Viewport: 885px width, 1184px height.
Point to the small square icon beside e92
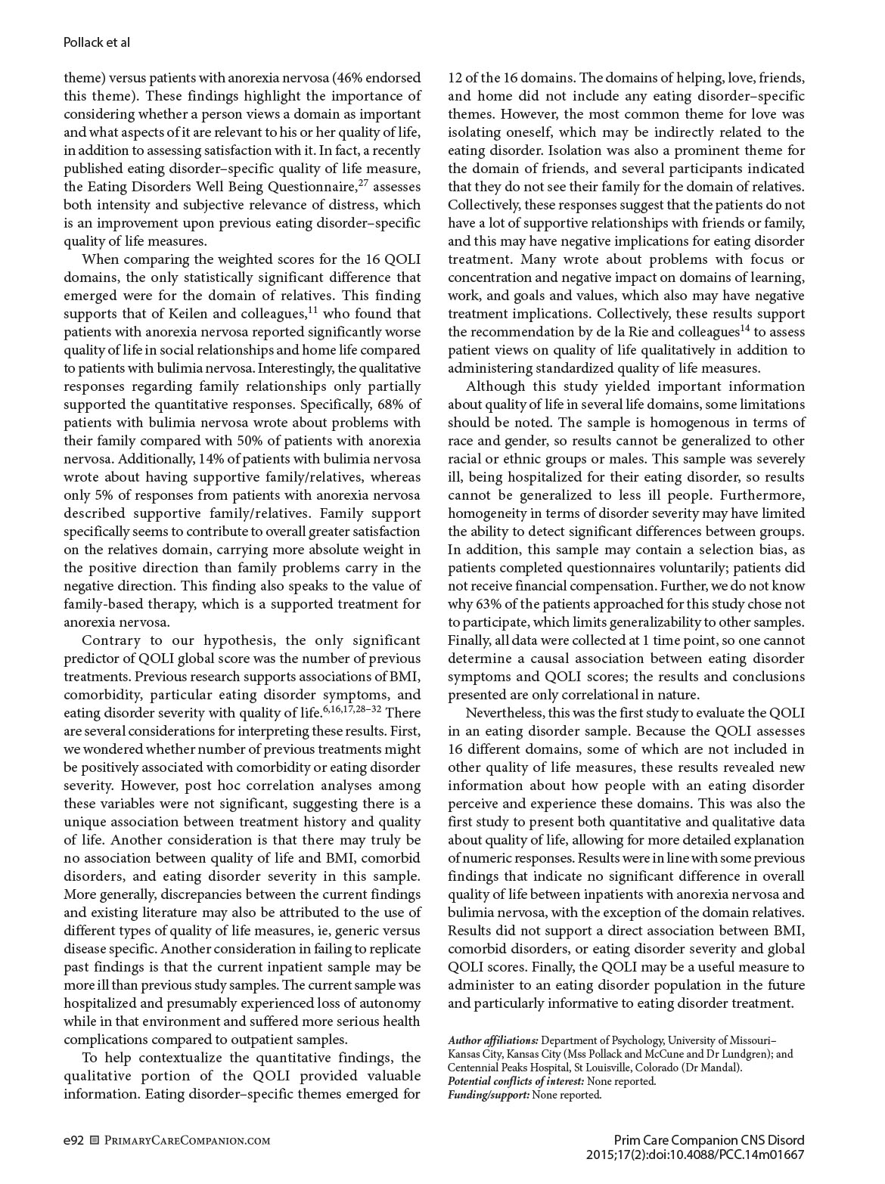pos(94,1140)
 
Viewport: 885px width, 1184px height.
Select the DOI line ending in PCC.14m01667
pos(694,1155)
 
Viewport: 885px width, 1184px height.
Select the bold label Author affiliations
pos(493,1040)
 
